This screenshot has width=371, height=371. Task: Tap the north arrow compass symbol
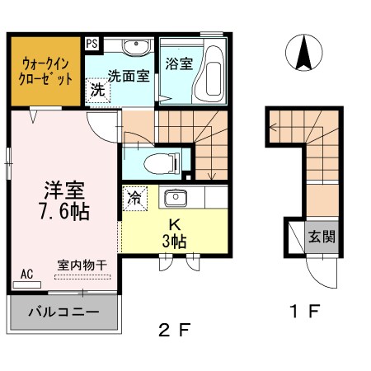click(x=303, y=54)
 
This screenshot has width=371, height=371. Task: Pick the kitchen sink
click(x=174, y=199)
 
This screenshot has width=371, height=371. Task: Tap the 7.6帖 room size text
click(x=63, y=209)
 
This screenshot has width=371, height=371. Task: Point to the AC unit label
click(x=26, y=274)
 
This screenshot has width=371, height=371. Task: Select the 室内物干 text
click(x=82, y=265)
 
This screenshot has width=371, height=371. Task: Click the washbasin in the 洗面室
click(x=135, y=46)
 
